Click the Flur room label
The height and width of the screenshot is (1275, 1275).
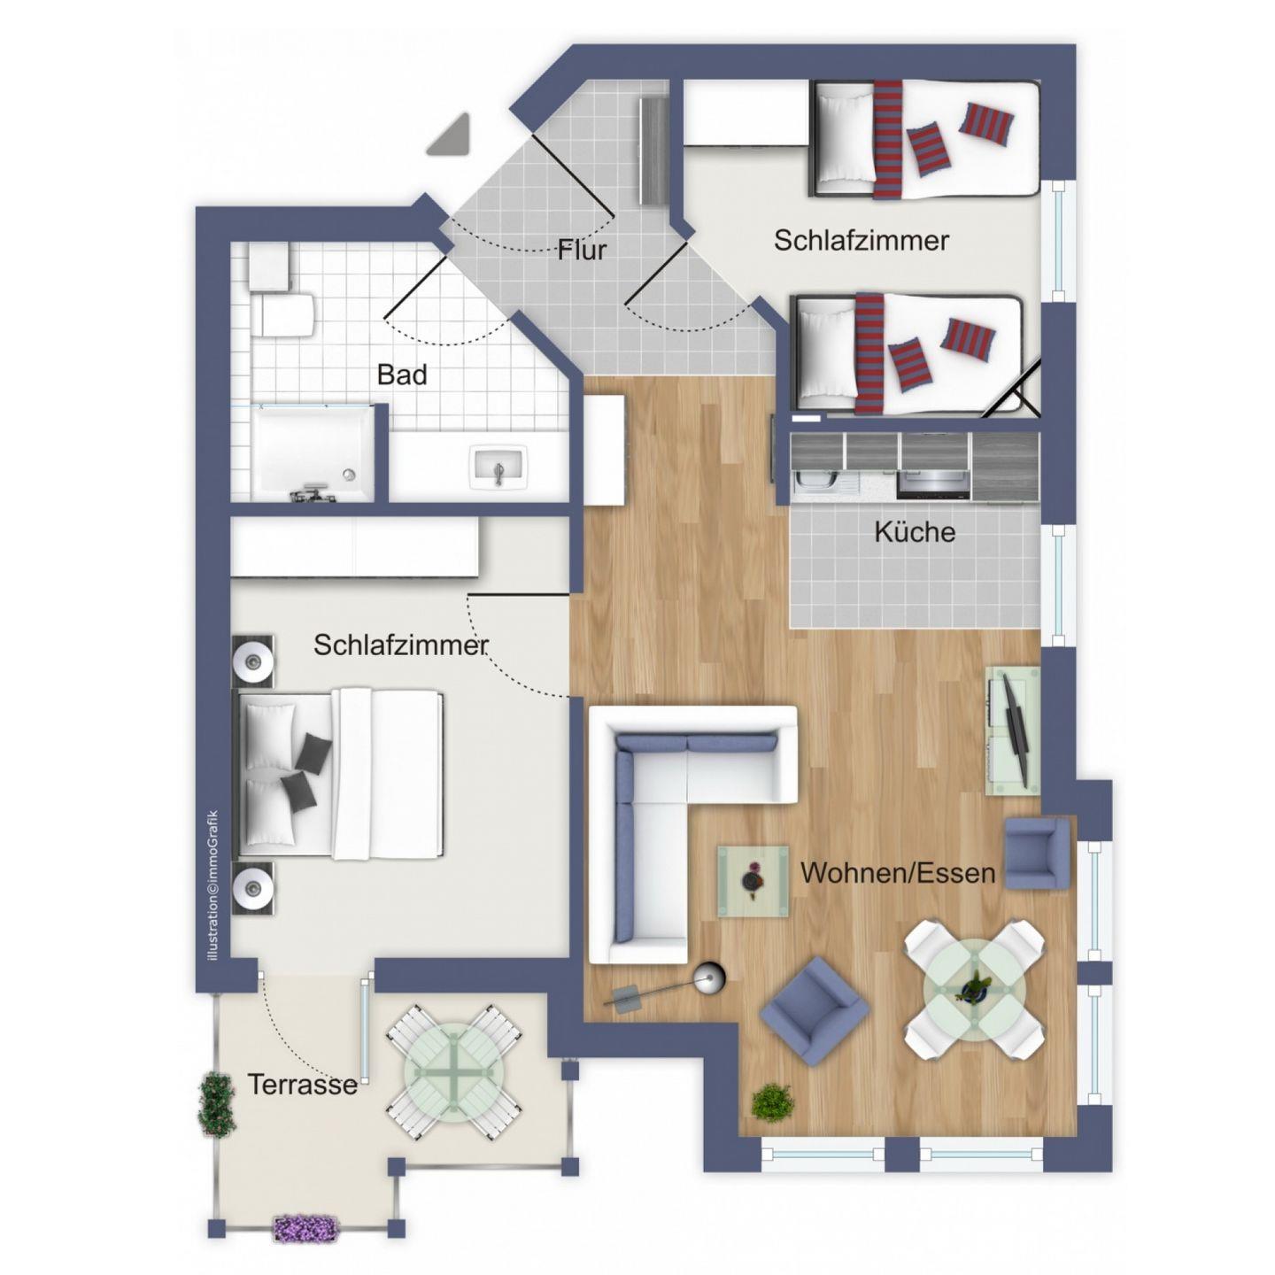pyautogui.click(x=582, y=250)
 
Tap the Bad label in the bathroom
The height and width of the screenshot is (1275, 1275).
pyautogui.click(x=402, y=375)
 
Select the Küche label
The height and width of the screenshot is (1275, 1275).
pyautogui.click(x=915, y=532)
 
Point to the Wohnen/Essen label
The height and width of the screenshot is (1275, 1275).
pyautogui.click(x=898, y=873)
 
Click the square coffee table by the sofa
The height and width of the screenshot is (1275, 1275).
pyautogui.click(x=753, y=881)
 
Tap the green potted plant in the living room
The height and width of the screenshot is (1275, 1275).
pyautogui.click(x=772, y=1102)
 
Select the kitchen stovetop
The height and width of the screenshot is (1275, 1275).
pyautogui.click(x=933, y=484)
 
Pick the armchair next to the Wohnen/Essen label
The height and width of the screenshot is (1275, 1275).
pyautogui.click(x=1036, y=854)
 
